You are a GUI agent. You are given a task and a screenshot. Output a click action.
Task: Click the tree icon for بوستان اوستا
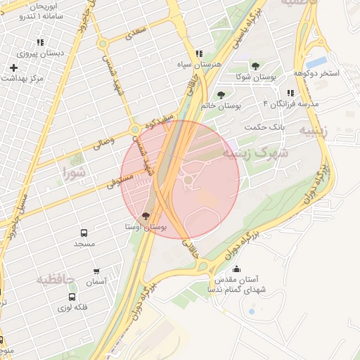point(146,216)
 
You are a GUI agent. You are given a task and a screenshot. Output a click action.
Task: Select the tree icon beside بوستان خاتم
point(221,95)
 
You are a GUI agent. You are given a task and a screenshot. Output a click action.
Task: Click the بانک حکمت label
point(266,127)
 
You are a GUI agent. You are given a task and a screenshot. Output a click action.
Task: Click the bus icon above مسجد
point(84,232)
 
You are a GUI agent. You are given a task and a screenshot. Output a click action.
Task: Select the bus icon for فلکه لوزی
point(72,297)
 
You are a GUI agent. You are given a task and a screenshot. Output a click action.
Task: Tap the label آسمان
point(96,281)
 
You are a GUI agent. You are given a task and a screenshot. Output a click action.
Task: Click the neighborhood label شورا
point(74,172)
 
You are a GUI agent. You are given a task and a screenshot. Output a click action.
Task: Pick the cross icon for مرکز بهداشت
point(13,67)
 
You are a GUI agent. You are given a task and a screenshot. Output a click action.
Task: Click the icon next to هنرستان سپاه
point(200,53)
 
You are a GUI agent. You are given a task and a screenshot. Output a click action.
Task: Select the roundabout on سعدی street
point(103,44)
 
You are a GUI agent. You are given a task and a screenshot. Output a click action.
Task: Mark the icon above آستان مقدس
point(236,268)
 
